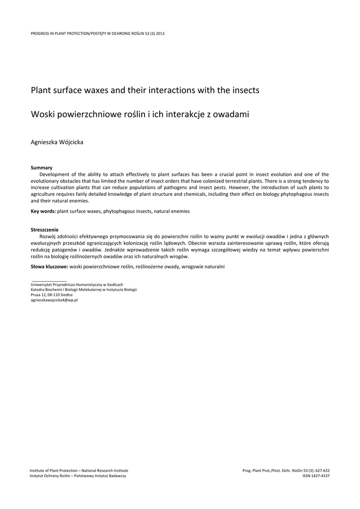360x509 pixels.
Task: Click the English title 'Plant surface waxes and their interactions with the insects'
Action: [x=145, y=90]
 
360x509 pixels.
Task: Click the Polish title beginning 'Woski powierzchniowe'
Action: [x=140, y=114]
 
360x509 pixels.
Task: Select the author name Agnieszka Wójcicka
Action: [x=57, y=143]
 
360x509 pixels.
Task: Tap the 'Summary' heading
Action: [x=41, y=168]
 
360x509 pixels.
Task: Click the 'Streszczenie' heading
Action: [x=45, y=230]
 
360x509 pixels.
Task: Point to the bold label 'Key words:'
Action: [x=43, y=211]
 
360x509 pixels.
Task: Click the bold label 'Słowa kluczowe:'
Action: [x=50, y=267]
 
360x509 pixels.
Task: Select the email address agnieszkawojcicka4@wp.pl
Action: [x=54, y=300]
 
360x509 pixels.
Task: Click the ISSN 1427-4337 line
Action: [x=316, y=476]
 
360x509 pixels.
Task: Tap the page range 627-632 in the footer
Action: [x=321, y=470]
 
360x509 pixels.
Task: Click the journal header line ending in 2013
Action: [x=97, y=33]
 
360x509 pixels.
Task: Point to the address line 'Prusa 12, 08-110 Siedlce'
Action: [x=51, y=295]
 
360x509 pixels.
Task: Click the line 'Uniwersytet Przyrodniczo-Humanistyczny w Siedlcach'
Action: [x=77, y=284]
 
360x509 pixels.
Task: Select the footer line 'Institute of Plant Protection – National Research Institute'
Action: [x=79, y=470]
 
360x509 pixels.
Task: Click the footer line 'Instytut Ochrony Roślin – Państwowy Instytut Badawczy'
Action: [x=78, y=476]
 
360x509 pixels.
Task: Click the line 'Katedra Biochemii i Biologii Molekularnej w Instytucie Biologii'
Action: [x=84, y=289]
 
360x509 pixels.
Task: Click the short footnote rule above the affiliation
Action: [x=49, y=281]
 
